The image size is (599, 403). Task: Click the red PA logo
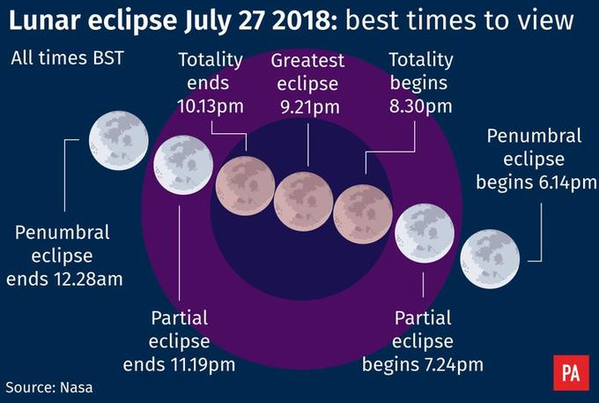pos(570,374)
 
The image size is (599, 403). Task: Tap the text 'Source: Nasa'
pos(49,386)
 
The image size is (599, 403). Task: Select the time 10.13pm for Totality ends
pos(210,107)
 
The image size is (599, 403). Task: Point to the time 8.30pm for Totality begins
pos(420,107)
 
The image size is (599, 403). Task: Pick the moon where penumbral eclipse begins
pos(490,257)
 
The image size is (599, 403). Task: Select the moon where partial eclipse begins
pos(425,234)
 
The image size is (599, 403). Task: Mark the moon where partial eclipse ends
pos(183,164)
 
